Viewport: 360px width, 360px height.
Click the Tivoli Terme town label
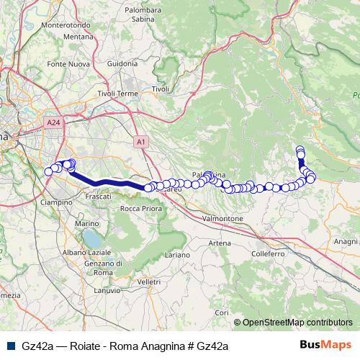[x=117, y=94]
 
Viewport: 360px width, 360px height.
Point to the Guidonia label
[x=122, y=63]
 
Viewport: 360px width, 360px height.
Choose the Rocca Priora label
[x=140, y=209]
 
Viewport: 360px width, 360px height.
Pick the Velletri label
[x=148, y=281]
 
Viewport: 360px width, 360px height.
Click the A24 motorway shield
[x=53, y=123]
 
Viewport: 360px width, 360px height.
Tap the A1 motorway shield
[x=141, y=143]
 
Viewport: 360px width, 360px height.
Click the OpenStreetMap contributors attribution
[x=293, y=322]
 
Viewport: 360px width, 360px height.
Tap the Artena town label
[x=220, y=243]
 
